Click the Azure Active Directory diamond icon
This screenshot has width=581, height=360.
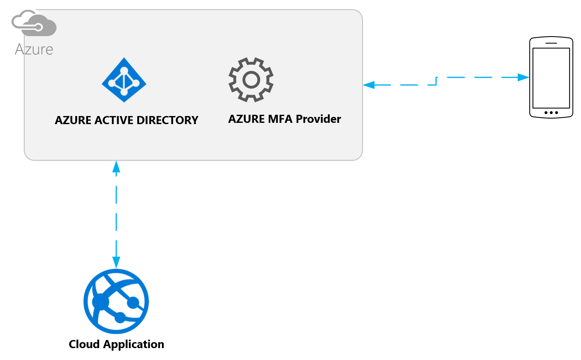pos(124,80)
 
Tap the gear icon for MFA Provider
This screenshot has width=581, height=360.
pos(251,79)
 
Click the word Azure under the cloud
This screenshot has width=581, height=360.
pos(34,49)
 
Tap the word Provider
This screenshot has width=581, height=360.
pos(318,119)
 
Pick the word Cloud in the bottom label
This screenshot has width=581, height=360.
pos(84,344)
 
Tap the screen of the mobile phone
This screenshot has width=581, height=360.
pos(551,78)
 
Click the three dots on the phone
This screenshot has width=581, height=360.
pos(551,113)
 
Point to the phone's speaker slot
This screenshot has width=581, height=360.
pos(551,43)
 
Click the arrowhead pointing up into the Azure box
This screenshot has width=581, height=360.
pos(116,166)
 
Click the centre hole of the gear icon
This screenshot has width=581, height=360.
pos(251,79)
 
